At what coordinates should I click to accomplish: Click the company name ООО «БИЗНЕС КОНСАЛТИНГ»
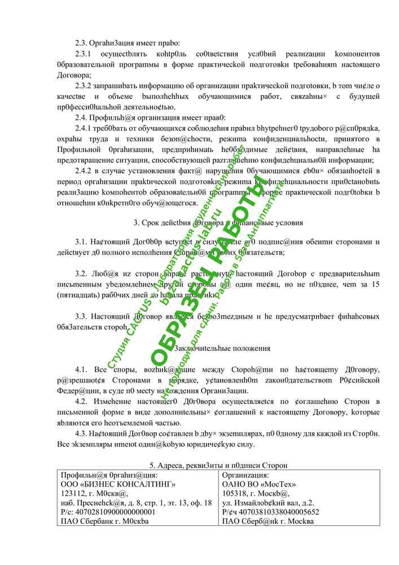[x=117, y=485]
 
